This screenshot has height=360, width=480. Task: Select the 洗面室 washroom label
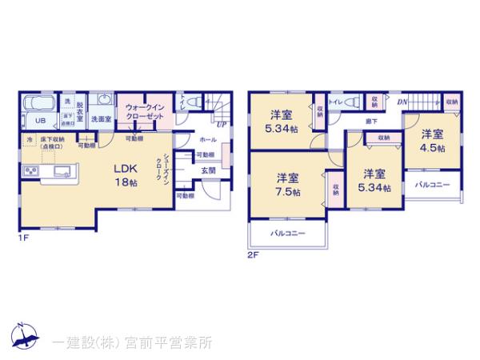pyautogui.click(x=100, y=120)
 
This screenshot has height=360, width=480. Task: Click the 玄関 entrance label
pyautogui.click(x=207, y=170)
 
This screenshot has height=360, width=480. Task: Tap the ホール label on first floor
pyautogui.click(x=207, y=138)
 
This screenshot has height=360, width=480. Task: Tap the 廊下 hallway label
pyautogui.click(x=373, y=121)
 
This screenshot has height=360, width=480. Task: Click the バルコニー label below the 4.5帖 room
pyautogui.click(x=432, y=185)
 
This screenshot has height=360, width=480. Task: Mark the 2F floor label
pyautogui.click(x=254, y=256)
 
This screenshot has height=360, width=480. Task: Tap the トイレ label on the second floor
pyautogui.click(x=335, y=102)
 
